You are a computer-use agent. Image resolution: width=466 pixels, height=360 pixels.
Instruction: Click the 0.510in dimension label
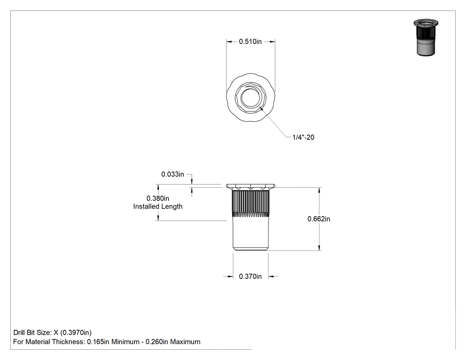coord(250,42)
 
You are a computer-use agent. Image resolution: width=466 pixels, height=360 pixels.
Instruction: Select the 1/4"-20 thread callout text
coord(303,137)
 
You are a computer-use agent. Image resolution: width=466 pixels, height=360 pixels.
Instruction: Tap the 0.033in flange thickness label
coord(173,174)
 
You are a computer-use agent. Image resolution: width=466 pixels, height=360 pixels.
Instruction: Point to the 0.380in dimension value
coord(158,198)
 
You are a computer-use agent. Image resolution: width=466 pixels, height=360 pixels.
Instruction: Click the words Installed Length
coord(158,206)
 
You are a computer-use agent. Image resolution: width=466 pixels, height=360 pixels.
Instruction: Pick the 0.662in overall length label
coord(319,219)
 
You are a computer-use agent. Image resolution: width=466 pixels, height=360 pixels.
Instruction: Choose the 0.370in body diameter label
coord(250,277)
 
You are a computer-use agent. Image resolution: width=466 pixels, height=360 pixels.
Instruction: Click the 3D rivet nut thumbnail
coord(426,37)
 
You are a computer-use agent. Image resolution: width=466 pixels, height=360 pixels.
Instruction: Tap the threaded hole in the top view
coord(251,98)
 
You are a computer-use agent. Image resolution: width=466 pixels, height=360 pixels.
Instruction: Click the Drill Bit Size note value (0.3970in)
coord(76,332)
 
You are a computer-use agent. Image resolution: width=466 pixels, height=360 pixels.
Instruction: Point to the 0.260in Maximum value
coord(173,342)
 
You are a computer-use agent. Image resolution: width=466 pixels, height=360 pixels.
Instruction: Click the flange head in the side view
coord(251,186)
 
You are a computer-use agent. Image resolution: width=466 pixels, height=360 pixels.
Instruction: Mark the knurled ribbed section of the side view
coord(251,203)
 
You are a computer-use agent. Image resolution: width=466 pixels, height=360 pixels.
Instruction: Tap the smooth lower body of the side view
coord(251,234)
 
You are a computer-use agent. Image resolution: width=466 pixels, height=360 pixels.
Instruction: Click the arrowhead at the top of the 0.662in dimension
coord(319,190)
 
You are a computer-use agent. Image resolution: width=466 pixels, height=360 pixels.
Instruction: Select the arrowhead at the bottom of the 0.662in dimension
coord(319,248)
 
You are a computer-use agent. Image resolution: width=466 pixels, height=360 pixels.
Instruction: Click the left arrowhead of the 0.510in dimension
coord(229,42)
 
